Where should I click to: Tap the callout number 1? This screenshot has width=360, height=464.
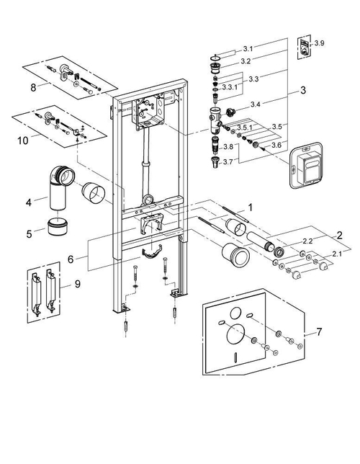249,205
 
